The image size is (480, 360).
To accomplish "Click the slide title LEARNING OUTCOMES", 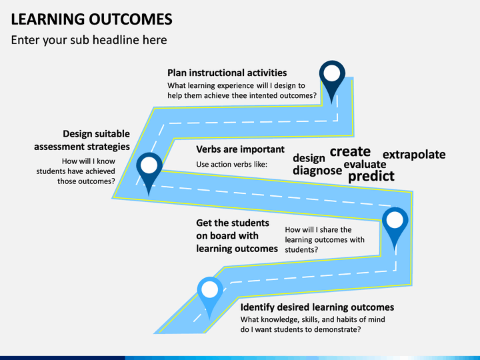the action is coord(91,19).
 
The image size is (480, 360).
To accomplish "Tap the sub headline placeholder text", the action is coord(89,40).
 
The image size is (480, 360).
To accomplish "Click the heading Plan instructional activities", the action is coord(227,73).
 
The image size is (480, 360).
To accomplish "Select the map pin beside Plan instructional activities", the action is coord(332,79).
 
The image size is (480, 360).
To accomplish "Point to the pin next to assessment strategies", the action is coord(149,171).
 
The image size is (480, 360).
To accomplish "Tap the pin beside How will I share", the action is coord(395,227).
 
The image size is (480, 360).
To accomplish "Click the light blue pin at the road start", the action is coord(210,296).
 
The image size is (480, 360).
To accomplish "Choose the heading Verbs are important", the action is coord(240,149).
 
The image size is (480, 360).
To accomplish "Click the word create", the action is coord(350,151).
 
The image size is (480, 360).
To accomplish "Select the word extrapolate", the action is coord(414,155).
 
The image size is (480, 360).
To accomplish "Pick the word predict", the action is coord(371,176).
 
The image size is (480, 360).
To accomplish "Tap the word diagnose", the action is coord(317,170).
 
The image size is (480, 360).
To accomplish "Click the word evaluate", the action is coord(365,165).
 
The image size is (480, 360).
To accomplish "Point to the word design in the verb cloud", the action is coord(309,158).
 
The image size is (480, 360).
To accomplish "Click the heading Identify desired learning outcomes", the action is coord(317,307).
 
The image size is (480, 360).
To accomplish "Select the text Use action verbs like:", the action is coord(232,165).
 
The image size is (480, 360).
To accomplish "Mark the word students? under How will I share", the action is coord(301,250).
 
